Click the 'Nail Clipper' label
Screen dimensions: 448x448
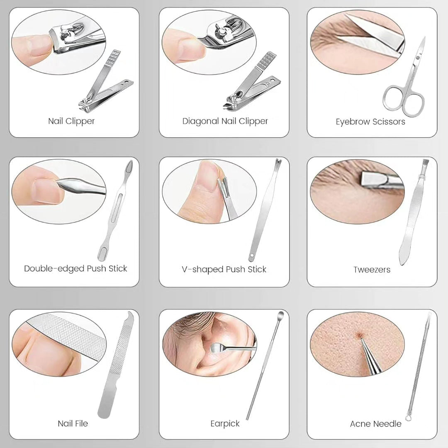tap(71, 121)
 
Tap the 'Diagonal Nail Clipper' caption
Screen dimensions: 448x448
tap(225, 121)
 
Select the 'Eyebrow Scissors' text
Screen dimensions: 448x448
tap(370, 122)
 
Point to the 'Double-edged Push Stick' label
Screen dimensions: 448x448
tap(75, 268)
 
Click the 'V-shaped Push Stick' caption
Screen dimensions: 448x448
tap(224, 269)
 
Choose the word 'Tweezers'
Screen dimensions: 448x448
tap(372, 270)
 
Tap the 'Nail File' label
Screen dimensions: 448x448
tap(73, 424)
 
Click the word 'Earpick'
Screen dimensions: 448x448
tap(225, 424)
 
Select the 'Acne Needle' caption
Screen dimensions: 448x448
tap(375, 424)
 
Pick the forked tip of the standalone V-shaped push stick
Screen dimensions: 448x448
tap(278, 162)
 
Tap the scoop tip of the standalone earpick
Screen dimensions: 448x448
tap(281, 314)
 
